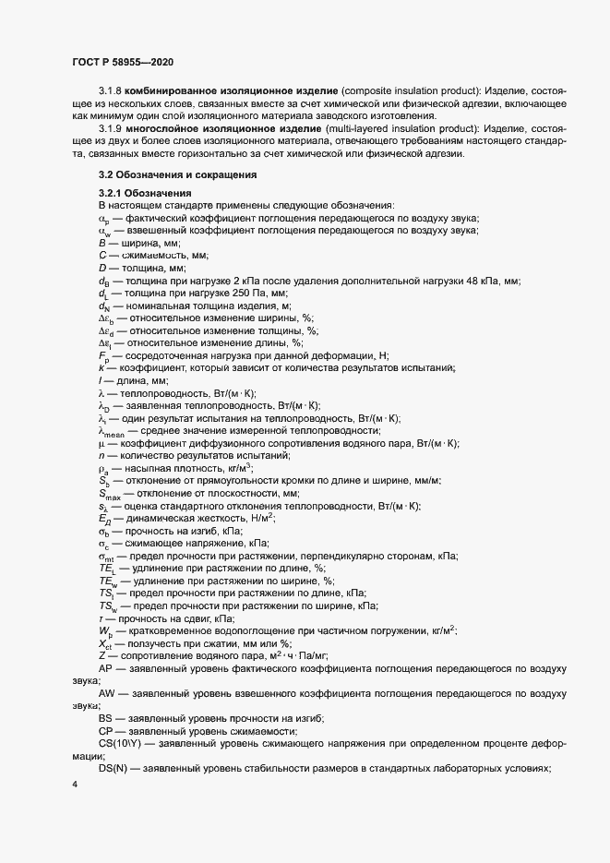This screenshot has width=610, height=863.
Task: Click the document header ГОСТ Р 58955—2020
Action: pos(122,62)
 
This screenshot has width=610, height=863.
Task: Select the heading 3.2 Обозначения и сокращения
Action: pos(177,174)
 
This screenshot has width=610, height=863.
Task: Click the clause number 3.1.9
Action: pos(111,129)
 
